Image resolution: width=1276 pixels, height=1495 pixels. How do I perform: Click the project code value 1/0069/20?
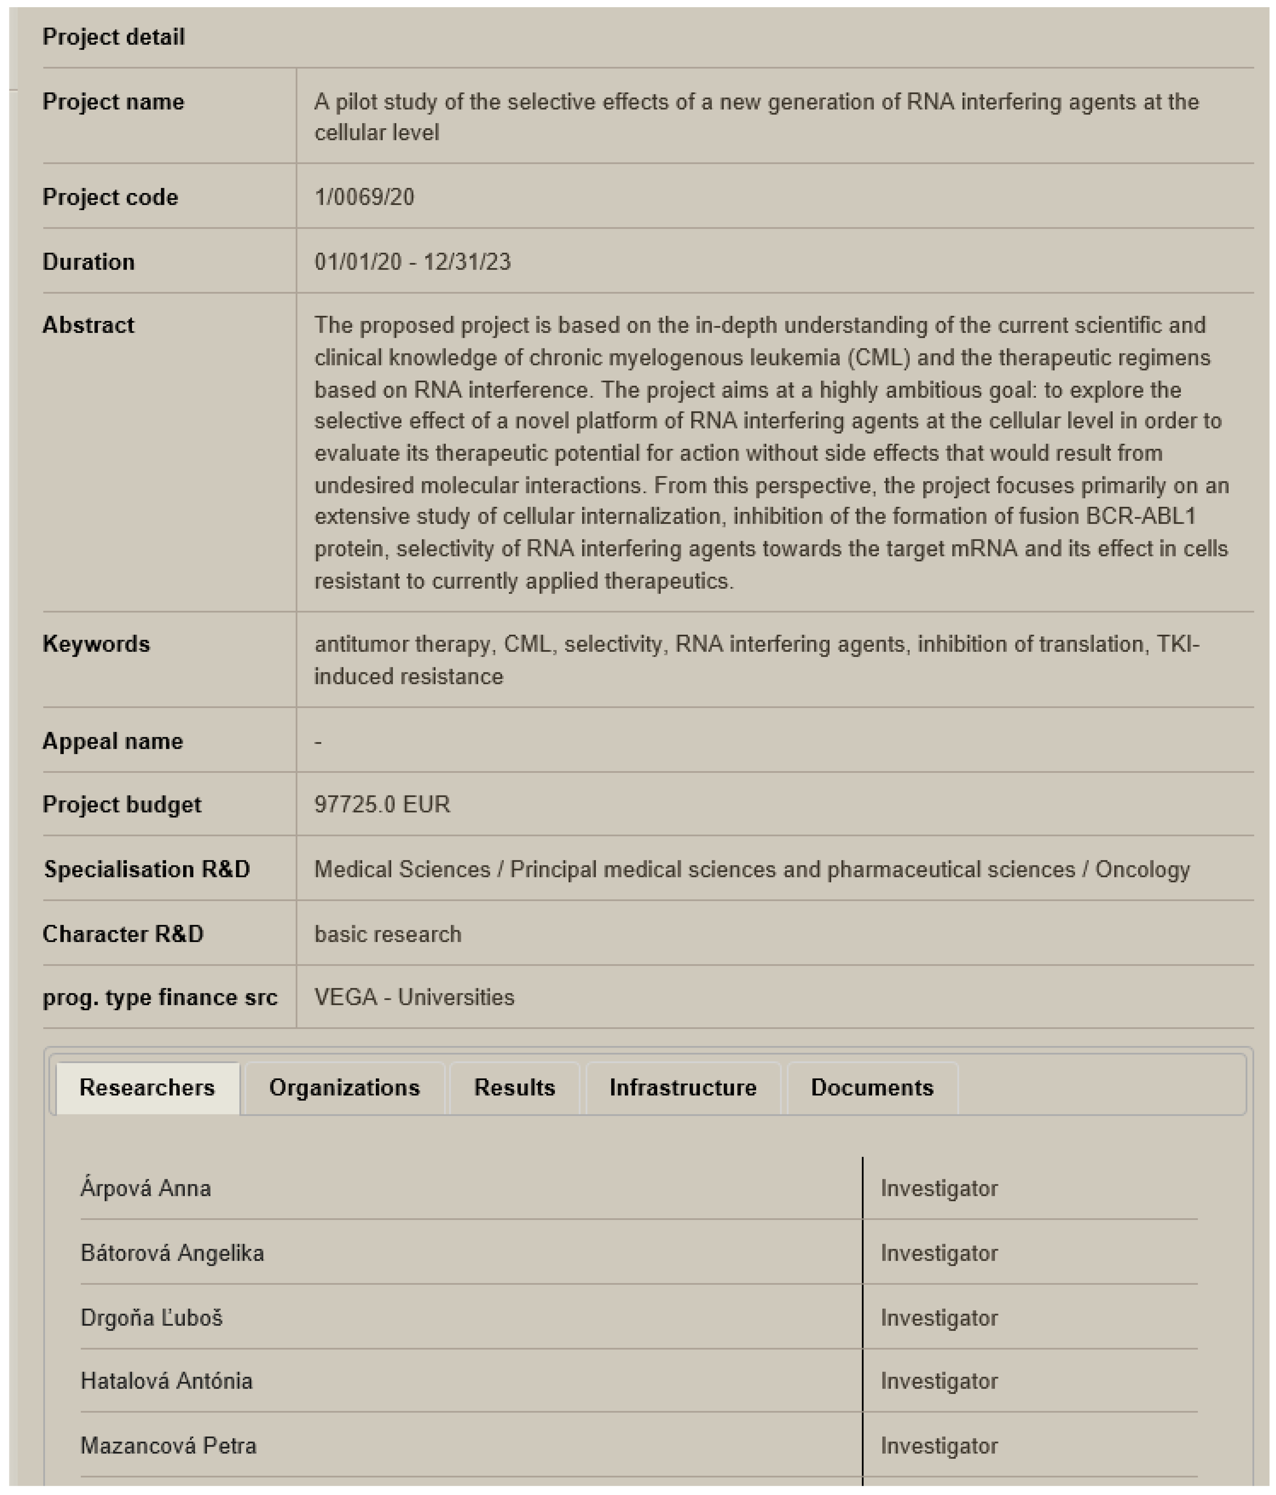[x=365, y=197]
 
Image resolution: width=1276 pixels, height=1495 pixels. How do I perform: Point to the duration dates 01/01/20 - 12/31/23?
[x=412, y=261]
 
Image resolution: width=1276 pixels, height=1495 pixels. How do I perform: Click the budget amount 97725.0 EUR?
[x=382, y=804]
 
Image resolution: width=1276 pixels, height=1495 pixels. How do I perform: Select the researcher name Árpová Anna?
[x=146, y=1188]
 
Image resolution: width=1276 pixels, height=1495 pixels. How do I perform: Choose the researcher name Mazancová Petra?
[x=168, y=1446]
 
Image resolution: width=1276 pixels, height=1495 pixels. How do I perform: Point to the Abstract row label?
[x=88, y=325]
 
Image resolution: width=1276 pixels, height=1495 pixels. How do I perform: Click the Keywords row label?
[x=96, y=644]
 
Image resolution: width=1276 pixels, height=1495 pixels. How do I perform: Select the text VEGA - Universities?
[x=414, y=997]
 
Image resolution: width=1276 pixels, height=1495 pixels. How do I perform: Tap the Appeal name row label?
[x=112, y=741]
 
